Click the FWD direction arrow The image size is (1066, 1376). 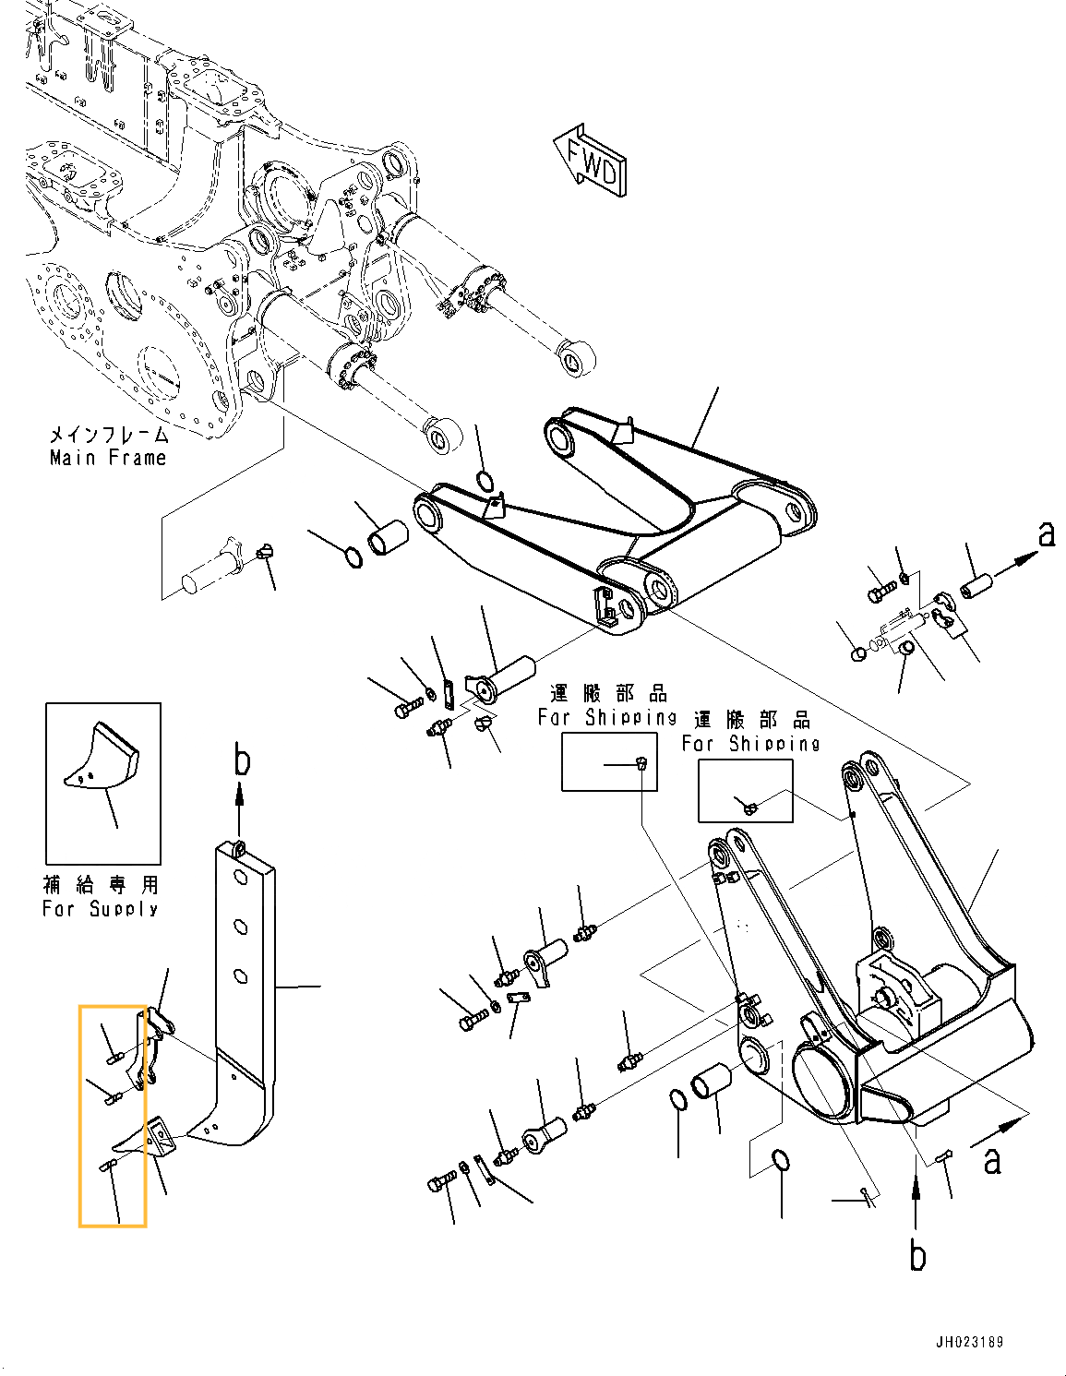[x=592, y=162]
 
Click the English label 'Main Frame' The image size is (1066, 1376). [x=108, y=458]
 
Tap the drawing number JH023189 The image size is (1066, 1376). [x=969, y=1342]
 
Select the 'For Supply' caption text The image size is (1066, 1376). [x=101, y=909]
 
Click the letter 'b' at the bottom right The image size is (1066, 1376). [x=916, y=1257]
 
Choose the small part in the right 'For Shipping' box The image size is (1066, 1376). [x=749, y=808]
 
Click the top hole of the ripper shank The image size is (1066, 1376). [x=240, y=878]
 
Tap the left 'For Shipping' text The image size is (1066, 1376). [x=606, y=717]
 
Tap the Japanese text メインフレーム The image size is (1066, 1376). [x=108, y=435]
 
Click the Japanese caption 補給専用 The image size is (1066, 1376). [x=101, y=885]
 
